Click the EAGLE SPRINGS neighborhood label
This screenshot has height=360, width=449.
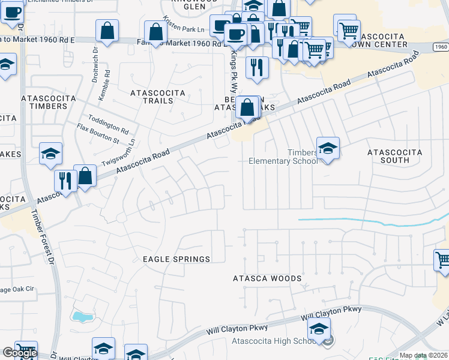click(x=176, y=259)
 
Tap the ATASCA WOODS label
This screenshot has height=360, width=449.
click(x=267, y=278)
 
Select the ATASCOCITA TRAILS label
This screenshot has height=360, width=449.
click(x=152, y=97)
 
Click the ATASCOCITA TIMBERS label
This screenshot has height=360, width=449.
click(x=44, y=102)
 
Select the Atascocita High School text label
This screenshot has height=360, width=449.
click(x=275, y=342)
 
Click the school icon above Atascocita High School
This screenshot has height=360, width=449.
click(x=319, y=328)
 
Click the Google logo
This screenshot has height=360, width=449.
click(x=20, y=353)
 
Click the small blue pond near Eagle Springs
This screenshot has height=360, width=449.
click(x=79, y=316)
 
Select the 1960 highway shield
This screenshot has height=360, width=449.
click(x=440, y=46)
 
